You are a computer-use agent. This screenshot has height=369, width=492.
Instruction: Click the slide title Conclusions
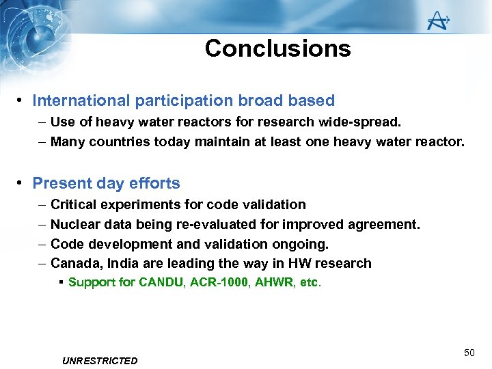pos(277,49)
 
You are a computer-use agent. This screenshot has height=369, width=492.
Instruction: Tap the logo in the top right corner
pos(437,22)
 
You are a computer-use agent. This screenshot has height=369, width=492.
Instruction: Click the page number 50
pos(469,353)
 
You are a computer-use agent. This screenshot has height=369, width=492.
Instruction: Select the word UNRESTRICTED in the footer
pos(100,361)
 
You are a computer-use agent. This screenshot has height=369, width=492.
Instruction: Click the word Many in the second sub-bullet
pos(66,142)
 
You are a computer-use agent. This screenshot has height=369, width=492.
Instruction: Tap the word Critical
pos(72,204)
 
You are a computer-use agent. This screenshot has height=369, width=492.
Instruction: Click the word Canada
pos(73,264)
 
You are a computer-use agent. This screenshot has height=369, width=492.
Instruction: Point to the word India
pos(119,264)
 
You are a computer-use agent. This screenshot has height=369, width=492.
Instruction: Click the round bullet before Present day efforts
pos(22,183)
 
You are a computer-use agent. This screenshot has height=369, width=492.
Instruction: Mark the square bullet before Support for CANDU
pos(61,282)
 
